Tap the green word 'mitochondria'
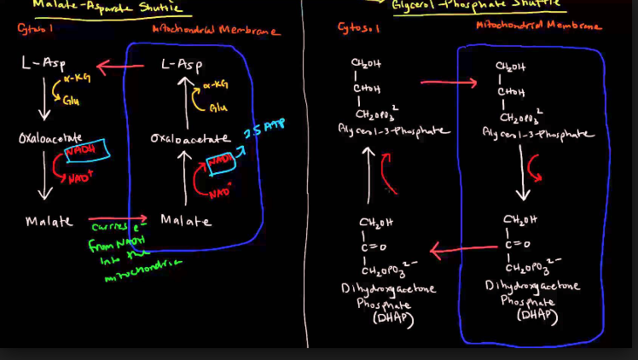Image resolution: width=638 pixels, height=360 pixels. tap(132, 276)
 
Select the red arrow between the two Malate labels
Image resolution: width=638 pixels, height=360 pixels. tap(117, 218)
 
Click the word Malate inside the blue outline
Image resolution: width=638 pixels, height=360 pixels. tap(185, 220)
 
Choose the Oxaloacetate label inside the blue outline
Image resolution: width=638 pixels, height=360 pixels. tap(189, 137)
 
